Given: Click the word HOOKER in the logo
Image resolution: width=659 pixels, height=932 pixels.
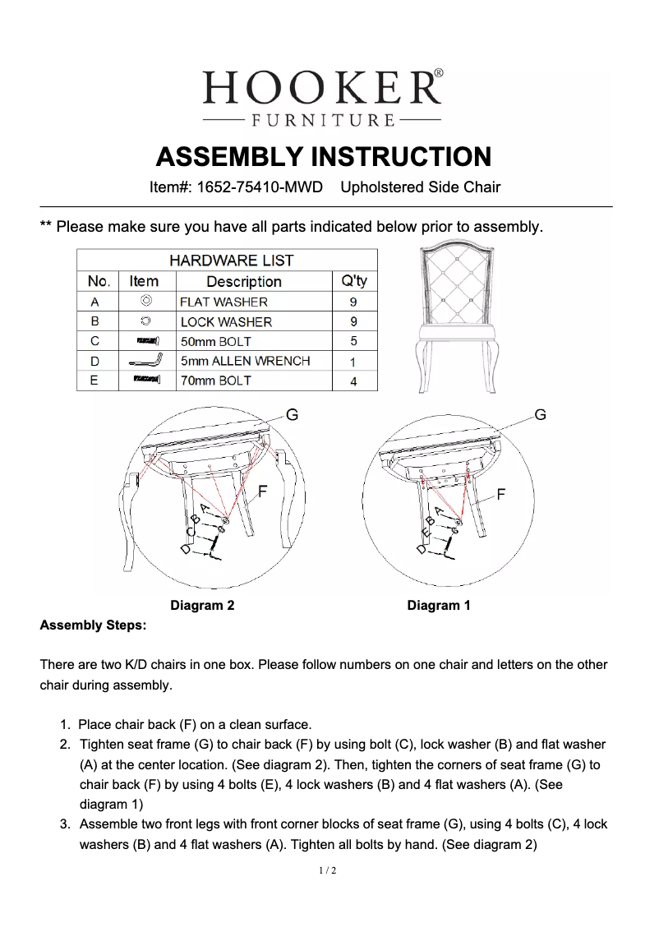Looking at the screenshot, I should tap(321, 86).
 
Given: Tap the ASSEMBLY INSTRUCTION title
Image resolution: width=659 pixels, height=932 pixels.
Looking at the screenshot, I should tap(324, 156).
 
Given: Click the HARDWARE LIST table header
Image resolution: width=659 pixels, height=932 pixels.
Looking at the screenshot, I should tap(231, 261).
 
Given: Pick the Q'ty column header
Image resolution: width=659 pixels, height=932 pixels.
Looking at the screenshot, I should tap(353, 281).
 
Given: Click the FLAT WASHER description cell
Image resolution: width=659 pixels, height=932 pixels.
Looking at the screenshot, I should tap(224, 302).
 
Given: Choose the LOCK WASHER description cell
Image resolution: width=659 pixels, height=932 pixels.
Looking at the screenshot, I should tap(226, 321).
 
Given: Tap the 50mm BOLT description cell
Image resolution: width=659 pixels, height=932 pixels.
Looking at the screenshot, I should tap(215, 341).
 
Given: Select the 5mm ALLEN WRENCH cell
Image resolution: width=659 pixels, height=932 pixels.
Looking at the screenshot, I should tap(245, 361).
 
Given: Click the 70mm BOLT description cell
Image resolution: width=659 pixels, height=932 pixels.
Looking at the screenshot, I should tap(215, 381).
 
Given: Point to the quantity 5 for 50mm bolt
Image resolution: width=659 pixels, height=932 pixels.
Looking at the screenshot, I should tap(353, 341).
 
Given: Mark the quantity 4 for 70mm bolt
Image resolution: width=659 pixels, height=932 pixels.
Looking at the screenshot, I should tap(353, 381).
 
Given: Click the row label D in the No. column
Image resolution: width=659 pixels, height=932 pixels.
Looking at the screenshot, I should tap(94, 361).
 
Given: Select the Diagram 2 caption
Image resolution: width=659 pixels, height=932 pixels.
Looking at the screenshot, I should tap(202, 606).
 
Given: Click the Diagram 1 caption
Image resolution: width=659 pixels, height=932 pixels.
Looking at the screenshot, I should tap(439, 606).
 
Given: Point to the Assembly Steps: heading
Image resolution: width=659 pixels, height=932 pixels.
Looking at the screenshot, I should tap(93, 625).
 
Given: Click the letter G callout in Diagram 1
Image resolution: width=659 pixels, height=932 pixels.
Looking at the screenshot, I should tap(540, 415).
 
